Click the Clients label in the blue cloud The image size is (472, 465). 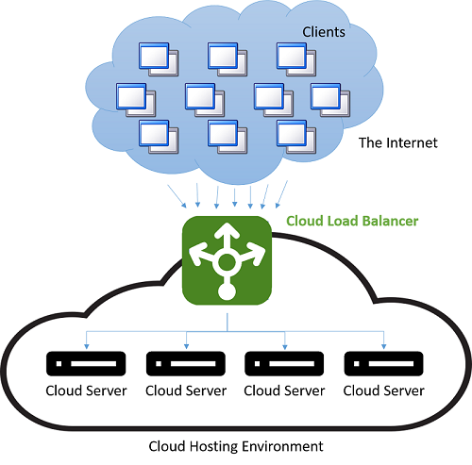pos(324,32)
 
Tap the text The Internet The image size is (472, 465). pos(398,142)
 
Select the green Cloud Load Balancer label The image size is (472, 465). pos(352,221)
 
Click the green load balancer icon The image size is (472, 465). pos(227,260)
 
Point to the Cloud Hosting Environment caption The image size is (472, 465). pos(236,446)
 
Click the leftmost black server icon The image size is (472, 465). pos(86,363)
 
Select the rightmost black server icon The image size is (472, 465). pos(383,363)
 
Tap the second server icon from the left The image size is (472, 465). pos(186,363)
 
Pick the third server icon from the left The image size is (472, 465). pos(284,363)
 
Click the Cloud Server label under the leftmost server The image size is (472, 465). pos(86,390)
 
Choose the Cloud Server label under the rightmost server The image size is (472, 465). pos(383,390)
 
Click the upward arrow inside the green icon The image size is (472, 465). pos(227,238)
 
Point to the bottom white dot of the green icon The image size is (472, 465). pos(227,291)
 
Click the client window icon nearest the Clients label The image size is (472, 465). pos(296,59)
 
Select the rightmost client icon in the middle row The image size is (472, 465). pos(330,100)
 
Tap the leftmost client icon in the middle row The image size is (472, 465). pos(136,100)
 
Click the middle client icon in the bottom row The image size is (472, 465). pos(228,137)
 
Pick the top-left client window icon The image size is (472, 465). pos(159,59)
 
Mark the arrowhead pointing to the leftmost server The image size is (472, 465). pos(87,346)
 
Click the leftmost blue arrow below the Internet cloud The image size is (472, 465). pos(177,196)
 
